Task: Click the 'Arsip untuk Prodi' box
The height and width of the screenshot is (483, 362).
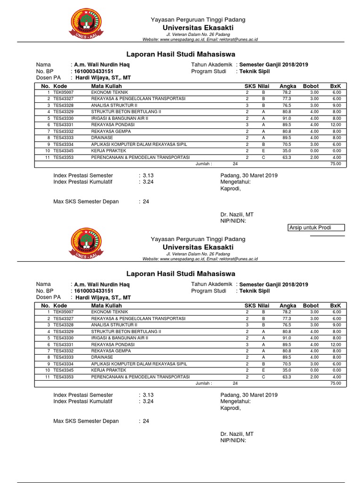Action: click(x=316, y=228)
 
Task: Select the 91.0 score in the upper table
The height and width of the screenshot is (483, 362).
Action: click(x=287, y=118)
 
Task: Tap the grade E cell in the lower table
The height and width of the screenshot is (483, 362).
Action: click(x=263, y=370)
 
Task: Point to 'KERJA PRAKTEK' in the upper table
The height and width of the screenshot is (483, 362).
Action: click(x=106, y=151)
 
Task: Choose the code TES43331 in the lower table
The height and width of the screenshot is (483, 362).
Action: click(x=63, y=344)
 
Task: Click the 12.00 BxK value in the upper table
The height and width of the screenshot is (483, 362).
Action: click(x=334, y=125)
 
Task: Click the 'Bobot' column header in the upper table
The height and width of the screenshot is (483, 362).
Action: click(x=311, y=86)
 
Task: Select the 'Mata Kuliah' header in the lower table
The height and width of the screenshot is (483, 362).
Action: click(x=107, y=306)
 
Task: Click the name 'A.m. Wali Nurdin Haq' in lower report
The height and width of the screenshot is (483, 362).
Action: click(x=102, y=284)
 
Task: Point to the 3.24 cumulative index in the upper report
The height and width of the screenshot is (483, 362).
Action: click(x=148, y=182)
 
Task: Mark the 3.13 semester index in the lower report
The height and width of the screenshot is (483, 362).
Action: click(x=148, y=395)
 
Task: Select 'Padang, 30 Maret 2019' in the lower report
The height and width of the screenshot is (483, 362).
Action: click(x=249, y=395)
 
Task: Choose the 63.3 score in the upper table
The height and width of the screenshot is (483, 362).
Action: click(x=287, y=158)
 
